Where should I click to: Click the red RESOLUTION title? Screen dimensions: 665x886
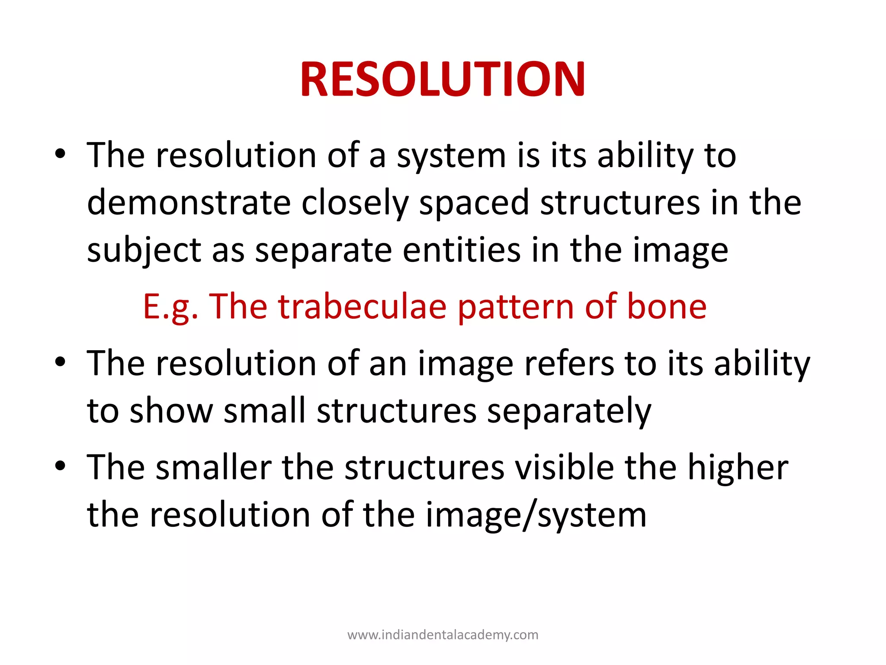[443, 79]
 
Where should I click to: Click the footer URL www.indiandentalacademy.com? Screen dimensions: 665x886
[443, 635]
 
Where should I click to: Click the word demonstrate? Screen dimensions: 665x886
[189, 203]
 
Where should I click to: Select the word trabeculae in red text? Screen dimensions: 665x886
[362, 307]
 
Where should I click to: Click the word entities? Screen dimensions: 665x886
[461, 250]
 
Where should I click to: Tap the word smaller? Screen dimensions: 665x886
[213, 468]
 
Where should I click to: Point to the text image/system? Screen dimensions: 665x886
[536, 515]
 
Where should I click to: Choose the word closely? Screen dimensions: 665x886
[355, 203]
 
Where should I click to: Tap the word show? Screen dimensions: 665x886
[171, 410]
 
